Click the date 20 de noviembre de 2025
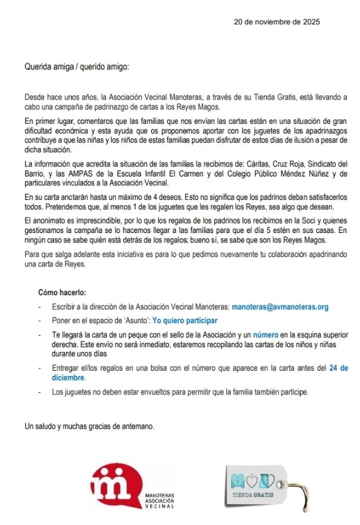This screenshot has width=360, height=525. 277,22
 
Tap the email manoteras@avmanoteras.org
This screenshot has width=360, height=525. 280,307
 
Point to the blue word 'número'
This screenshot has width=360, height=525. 265,335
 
